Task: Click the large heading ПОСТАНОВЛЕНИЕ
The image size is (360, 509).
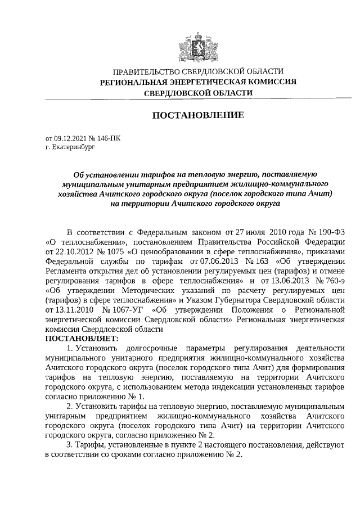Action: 198,115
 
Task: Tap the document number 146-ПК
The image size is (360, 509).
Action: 107,138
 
